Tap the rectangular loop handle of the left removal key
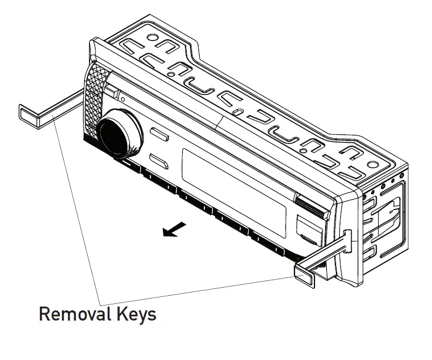tap(30, 116)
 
